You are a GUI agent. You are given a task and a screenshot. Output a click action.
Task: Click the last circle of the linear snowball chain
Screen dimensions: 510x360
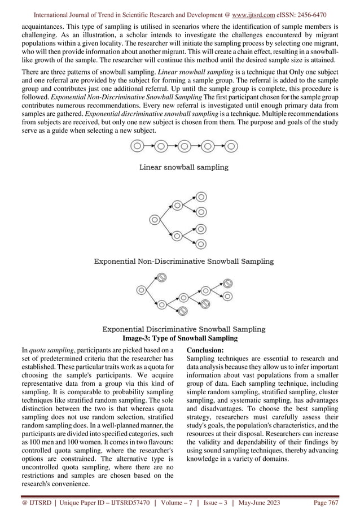231,146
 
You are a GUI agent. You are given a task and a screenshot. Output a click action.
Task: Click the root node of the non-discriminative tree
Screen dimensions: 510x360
153,219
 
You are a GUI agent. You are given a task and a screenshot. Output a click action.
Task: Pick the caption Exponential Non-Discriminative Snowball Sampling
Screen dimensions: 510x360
183,261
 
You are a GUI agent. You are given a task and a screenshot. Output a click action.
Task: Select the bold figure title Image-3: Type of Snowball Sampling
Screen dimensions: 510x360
180,338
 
